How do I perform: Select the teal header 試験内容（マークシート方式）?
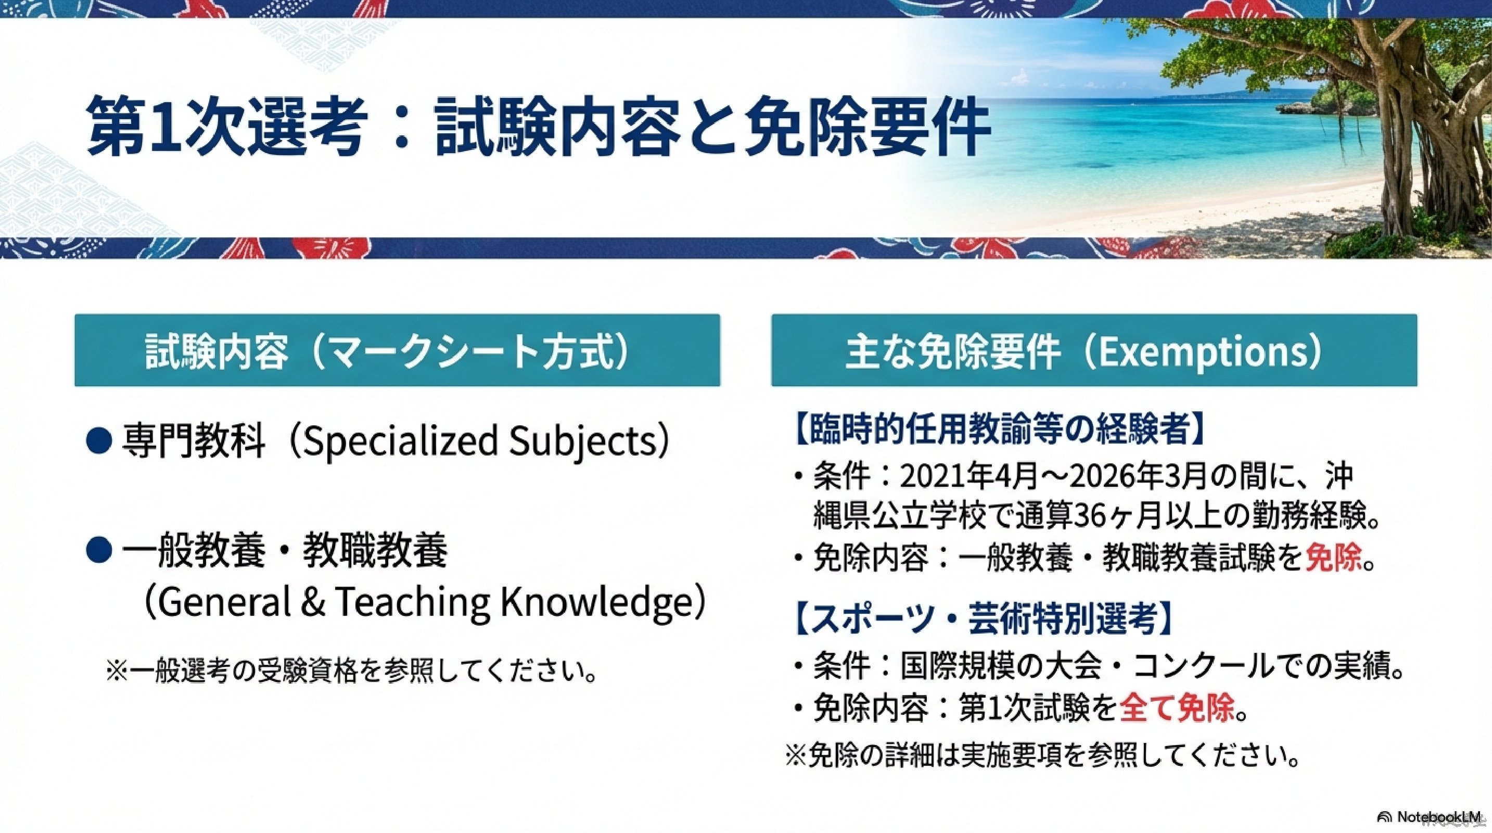pos(397,350)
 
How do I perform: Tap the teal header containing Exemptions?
pos(1094,350)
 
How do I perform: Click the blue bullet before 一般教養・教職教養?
pos(98,550)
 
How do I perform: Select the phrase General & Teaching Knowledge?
pos(425,602)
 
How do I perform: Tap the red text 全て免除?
pos(1178,709)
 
